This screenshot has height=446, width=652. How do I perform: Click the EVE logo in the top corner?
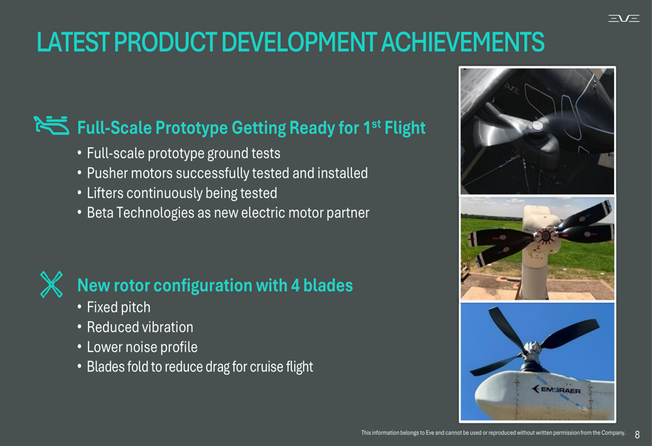624,18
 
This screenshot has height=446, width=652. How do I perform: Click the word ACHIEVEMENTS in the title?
462,42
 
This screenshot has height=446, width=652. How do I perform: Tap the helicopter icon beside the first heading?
52,126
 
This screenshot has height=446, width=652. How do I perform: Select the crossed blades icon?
52,285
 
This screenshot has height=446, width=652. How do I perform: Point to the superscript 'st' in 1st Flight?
376,124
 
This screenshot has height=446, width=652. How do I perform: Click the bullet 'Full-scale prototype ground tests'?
183,154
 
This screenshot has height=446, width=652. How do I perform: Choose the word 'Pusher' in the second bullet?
108,173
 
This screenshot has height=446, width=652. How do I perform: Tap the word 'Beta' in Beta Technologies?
100,213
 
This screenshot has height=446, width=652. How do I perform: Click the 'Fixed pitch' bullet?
119,308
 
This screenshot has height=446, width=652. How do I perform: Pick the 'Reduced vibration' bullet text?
140,328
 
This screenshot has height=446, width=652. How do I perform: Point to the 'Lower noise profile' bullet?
141,347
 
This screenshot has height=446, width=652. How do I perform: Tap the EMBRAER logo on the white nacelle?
556,389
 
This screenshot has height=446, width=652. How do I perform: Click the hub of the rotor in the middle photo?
545,236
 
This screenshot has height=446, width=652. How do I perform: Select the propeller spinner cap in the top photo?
537,126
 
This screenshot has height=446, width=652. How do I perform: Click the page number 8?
637,435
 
